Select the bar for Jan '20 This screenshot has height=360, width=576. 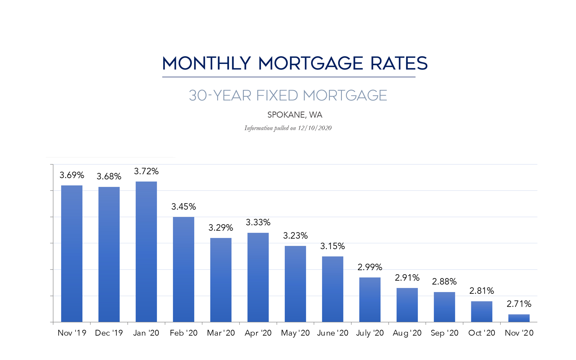(x=146, y=252)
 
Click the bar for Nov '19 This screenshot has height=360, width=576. (x=72, y=253)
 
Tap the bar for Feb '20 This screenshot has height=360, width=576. (x=183, y=269)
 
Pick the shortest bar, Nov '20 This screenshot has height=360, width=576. (x=519, y=318)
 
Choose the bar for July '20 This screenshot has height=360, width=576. (x=370, y=300)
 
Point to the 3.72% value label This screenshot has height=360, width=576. (x=146, y=171)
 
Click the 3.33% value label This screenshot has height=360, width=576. (x=258, y=222)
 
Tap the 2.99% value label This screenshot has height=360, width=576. (x=370, y=267)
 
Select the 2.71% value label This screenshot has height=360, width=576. (x=519, y=304)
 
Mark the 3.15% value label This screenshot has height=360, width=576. (x=333, y=246)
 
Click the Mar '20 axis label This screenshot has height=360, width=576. (x=221, y=333)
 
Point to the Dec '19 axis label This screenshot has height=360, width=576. (x=109, y=333)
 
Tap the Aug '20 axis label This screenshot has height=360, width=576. (x=407, y=333)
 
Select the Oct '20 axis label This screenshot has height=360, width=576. (x=482, y=333)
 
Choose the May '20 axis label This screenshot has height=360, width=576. (x=295, y=333)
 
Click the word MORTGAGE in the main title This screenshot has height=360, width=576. (x=310, y=64)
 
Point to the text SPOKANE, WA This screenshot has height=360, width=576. (x=295, y=115)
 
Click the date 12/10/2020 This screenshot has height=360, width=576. (x=314, y=128)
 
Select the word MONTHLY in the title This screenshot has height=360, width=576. (x=206, y=64)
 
